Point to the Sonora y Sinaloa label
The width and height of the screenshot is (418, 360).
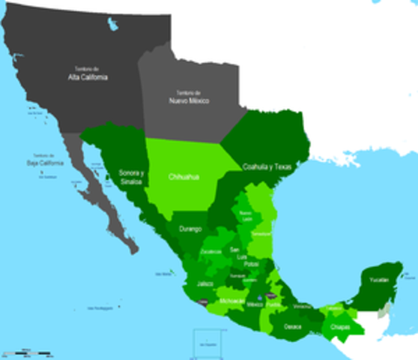click(131, 177)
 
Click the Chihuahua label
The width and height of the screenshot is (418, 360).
click(184, 177)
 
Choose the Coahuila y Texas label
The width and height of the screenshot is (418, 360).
click(265, 166)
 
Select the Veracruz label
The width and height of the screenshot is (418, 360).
click(302, 306)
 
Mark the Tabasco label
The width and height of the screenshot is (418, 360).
click(333, 308)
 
